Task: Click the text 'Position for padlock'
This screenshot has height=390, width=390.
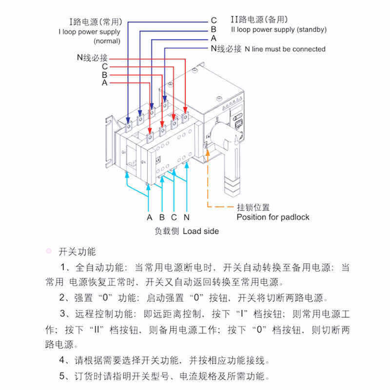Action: click(273, 217)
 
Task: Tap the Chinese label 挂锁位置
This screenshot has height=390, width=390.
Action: click(253, 208)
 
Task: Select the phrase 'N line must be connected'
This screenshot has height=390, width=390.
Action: click(285, 49)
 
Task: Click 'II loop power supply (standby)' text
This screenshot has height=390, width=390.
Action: click(278, 29)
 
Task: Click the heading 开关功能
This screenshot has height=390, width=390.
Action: click(77, 252)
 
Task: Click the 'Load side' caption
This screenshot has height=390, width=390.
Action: click(201, 231)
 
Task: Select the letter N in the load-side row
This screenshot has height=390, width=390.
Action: click(186, 217)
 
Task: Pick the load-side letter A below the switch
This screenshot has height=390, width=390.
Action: click(149, 217)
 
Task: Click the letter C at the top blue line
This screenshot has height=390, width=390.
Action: click(214, 20)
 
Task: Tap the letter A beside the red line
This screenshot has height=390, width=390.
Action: click(104, 83)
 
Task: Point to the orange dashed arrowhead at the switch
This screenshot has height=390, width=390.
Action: click(208, 154)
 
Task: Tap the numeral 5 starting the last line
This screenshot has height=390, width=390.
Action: click(62, 376)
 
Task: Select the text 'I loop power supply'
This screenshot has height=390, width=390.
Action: click(89, 32)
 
